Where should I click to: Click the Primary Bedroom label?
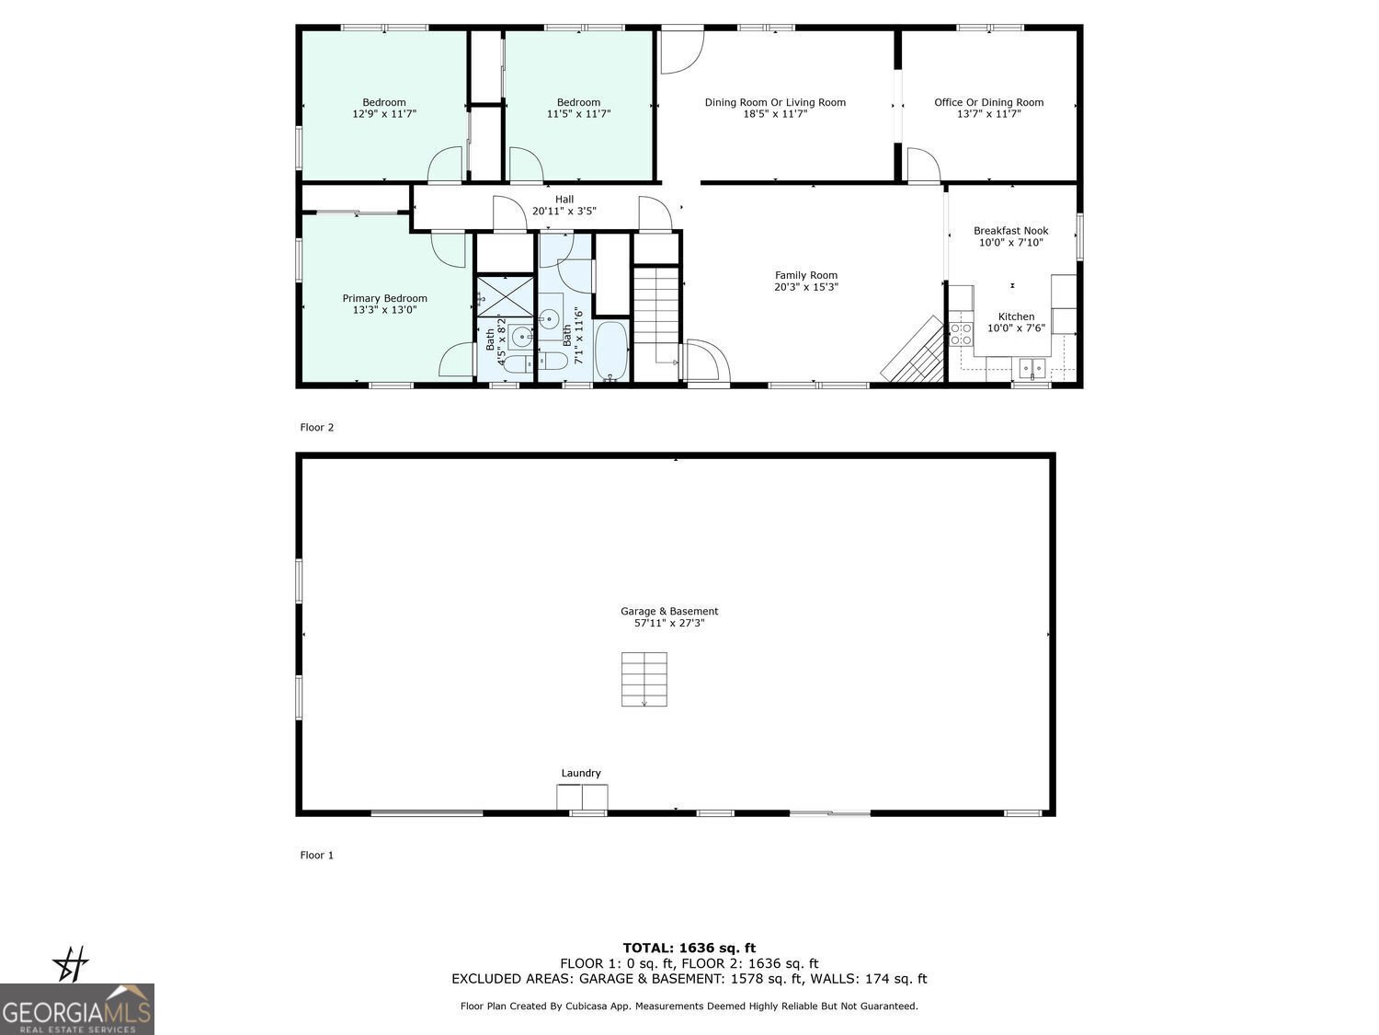[384, 298]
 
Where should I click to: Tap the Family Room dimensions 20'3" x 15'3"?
[806, 287]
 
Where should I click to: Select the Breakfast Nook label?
[1011, 231]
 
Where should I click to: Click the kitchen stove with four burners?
[961, 334]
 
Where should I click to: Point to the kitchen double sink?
[1031, 367]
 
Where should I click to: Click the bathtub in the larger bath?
[610, 351]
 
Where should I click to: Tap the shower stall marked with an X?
[505, 296]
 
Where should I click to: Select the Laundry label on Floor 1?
[581, 773]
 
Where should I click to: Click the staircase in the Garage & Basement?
[644, 679]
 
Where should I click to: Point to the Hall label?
[564, 200]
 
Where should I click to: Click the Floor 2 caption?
[316, 427]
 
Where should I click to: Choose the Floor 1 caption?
[316, 855]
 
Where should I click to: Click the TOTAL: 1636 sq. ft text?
[689, 948]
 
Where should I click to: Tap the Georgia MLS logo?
[76, 1009]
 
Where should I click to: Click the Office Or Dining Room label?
[989, 102]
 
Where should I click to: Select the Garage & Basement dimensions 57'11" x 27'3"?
[669, 623]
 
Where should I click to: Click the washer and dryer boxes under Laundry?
[582, 797]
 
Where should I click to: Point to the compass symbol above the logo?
[71, 964]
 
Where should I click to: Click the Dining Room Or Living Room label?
[775, 102]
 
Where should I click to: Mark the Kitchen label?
[1017, 316]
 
